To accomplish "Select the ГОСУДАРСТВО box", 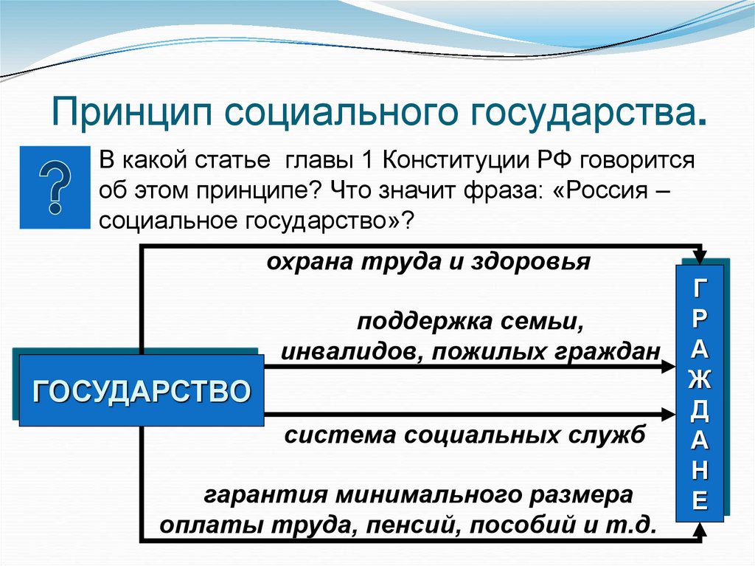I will pos(141,390).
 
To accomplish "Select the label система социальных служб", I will pos(465,435).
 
